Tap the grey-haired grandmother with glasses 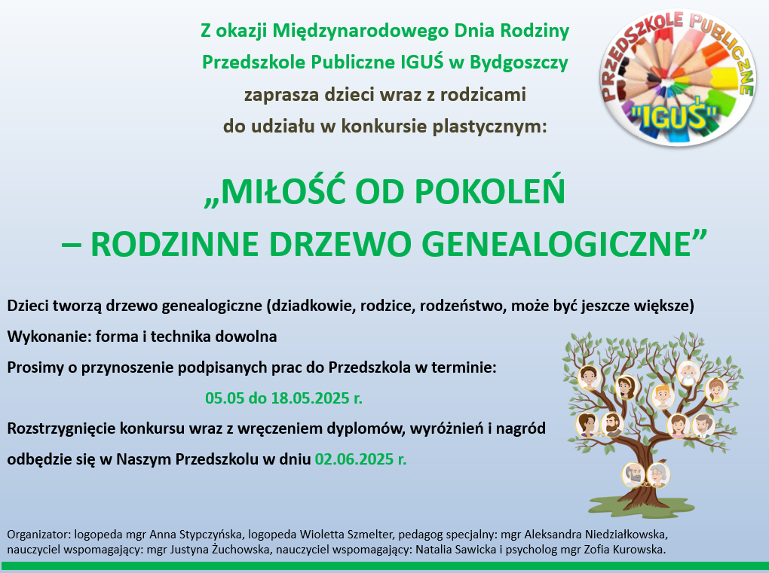coord(657,475)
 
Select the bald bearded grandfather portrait coord(633,475)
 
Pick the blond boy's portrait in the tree coord(663,396)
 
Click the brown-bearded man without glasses coord(611,425)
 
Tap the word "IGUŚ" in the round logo coord(673,117)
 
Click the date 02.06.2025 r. coord(361,459)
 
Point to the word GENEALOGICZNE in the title coord(556,243)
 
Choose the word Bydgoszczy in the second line coord(519,63)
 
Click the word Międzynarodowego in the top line coord(360,32)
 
